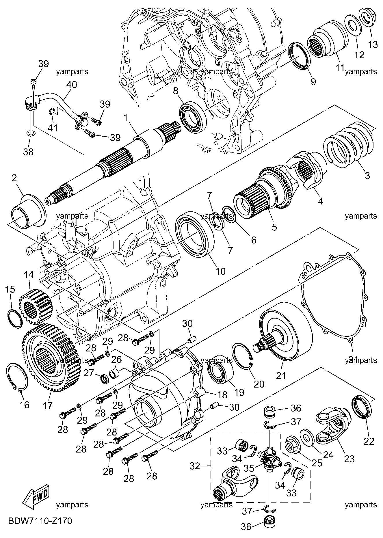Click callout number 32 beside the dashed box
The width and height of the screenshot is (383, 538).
click(x=195, y=466)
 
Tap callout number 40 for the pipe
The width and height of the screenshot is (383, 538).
click(x=72, y=85)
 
